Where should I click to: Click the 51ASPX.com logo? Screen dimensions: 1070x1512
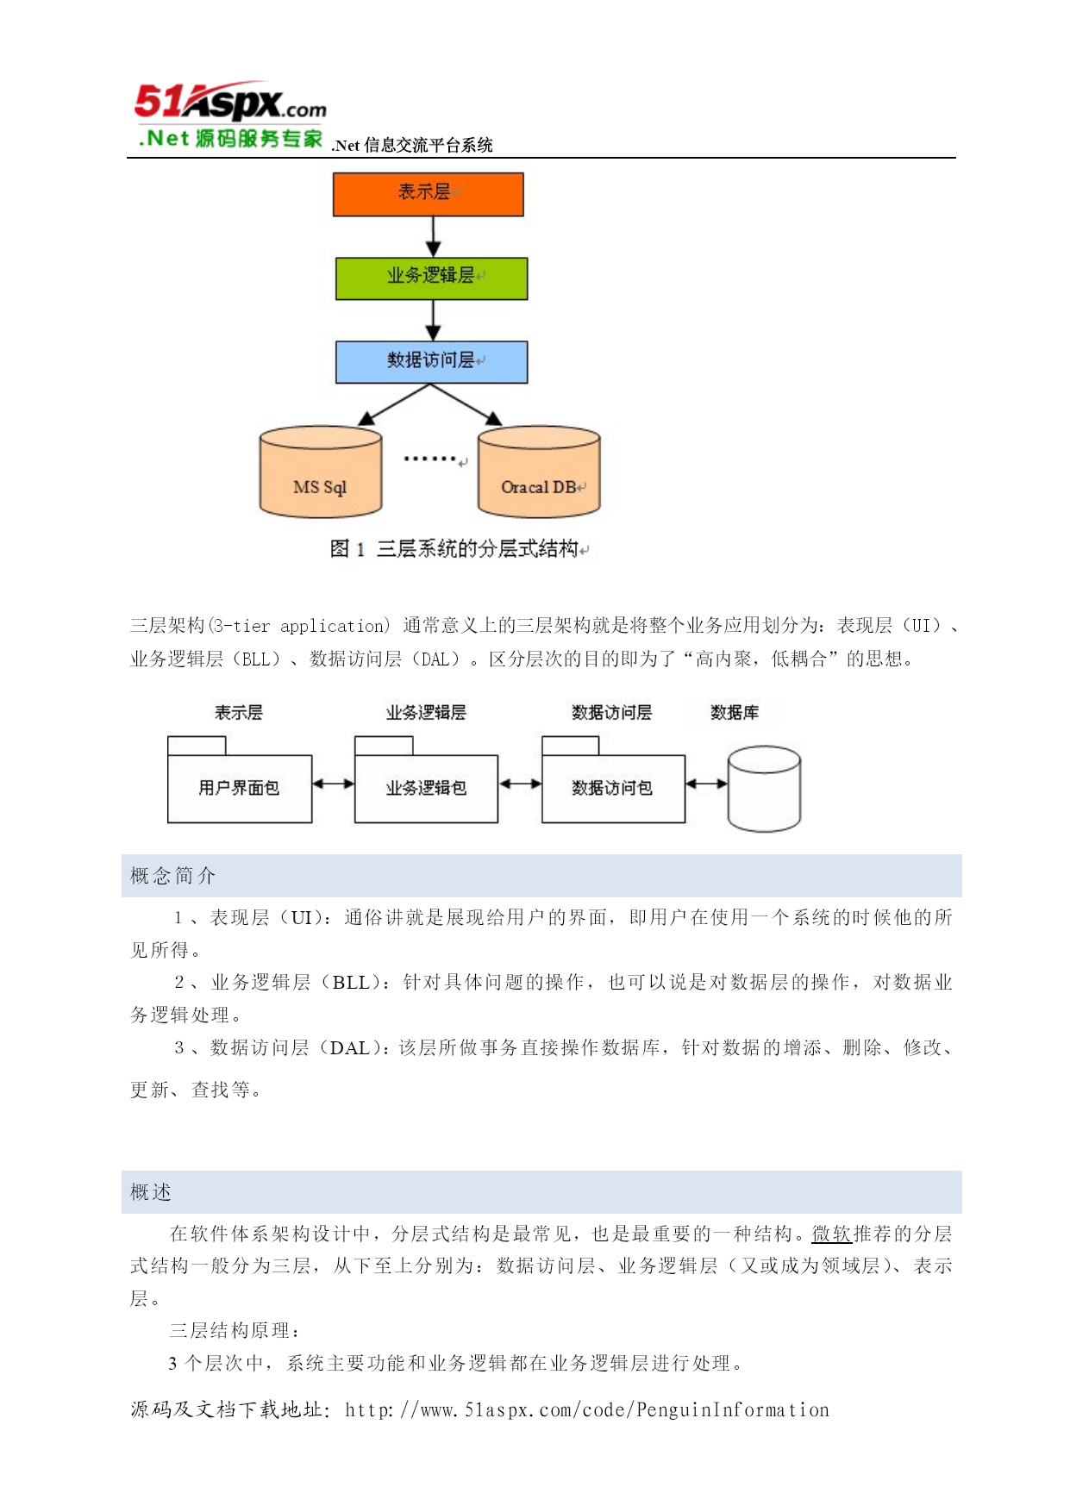click(x=230, y=116)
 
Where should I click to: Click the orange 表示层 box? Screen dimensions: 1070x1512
click(x=428, y=194)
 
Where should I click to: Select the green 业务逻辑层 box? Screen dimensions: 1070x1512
click(x=431, y=278)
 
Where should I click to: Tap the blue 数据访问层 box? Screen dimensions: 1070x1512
click(x=431, y=362)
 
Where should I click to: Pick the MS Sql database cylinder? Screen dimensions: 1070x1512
click(x=321, y=472)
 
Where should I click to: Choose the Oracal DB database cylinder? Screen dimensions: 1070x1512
click(x=539, y=472)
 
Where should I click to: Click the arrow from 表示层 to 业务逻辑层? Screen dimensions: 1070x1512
click(x=433, y=236)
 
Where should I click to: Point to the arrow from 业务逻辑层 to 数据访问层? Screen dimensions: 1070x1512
click(x=433, y=320)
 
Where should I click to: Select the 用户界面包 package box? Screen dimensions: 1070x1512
click(x=240, y=779)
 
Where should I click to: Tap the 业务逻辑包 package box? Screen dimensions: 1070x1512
click(x=426, y=779)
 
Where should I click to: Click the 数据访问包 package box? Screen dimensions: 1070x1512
click(x=613, y=779)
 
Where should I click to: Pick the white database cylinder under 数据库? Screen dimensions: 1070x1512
click(x=764, y=789)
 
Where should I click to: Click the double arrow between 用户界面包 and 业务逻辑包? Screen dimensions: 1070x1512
click(x=333, y=784)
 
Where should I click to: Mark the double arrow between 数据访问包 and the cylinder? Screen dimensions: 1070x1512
click(x=706, y=784)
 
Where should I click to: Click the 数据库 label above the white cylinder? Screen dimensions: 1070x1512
click(x=735, y=712)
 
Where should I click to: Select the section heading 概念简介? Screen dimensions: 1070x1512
click(x=172, y=876)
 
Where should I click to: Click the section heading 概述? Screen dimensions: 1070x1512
click(x=151, y=1192)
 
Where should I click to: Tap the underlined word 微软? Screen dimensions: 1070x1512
click(x=832, y=1234)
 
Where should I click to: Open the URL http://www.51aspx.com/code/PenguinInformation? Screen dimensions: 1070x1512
click(x=586, y=1409)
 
